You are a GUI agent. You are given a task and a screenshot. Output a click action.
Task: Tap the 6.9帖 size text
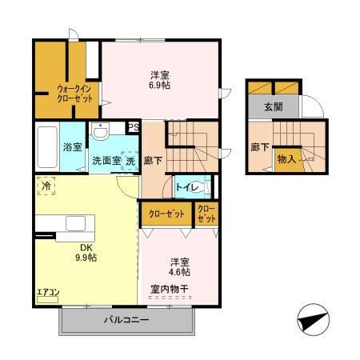[x=158, y=86]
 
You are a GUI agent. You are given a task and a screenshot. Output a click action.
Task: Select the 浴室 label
[x=71, y=146]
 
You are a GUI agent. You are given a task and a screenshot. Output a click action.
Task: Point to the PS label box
[x=133, y=126]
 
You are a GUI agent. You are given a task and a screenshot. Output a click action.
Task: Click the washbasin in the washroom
[x=100, y=131]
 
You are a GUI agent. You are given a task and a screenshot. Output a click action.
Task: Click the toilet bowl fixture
[x=206, y=186]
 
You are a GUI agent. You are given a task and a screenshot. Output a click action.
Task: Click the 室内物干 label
[x=171, y=287]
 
